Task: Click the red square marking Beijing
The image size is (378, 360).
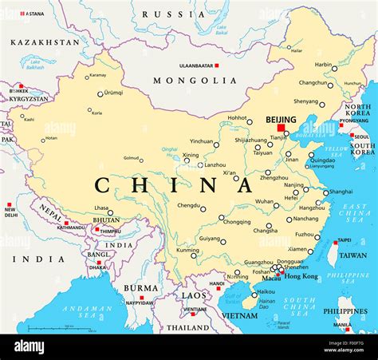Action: point(281,127)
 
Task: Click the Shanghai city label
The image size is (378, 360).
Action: point(341,192)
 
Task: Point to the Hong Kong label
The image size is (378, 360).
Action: point(301,276)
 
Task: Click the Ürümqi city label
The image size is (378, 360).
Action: point(114,93)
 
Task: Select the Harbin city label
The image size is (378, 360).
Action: point(323,65)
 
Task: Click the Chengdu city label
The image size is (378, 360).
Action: point(188,205)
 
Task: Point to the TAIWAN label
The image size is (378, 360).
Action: point(353,255)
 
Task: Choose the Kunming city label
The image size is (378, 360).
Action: point(187,250)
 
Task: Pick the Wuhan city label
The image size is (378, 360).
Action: point(264,202)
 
